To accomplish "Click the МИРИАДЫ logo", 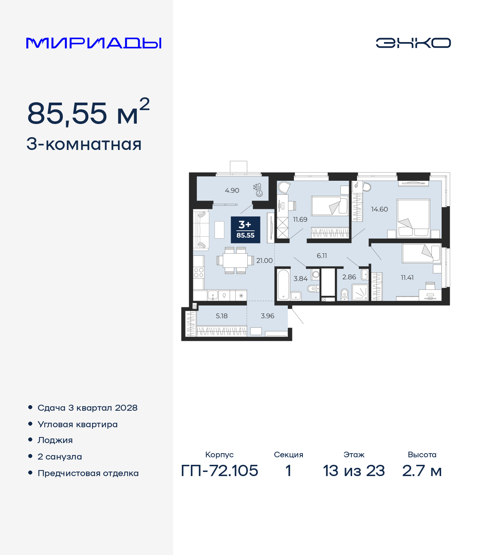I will coord(94,43).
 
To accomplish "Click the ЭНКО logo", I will coord(413,43).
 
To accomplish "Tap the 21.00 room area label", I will coord(265,260).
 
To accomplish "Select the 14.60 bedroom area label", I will coord(379,209).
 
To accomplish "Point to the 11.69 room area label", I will coord(300,219).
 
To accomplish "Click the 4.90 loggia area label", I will coord(232,191).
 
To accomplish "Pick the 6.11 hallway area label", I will coord(322,256).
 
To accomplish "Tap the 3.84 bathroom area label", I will coord(300,278).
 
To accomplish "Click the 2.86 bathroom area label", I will coord(349,277).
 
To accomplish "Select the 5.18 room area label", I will coord(221,316).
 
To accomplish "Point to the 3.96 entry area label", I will coord(268,316).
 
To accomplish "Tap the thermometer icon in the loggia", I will coord(258,190).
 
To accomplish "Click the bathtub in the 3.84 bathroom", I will coord(283,284).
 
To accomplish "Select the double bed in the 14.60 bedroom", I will coord(413,218).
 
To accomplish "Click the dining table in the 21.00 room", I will coord(235,260).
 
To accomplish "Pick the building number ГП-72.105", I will coord(219,470).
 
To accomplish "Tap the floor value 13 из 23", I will coord(354,470).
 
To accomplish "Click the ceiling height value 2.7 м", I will coord(422,470).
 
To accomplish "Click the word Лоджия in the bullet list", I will coord(55,440).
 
